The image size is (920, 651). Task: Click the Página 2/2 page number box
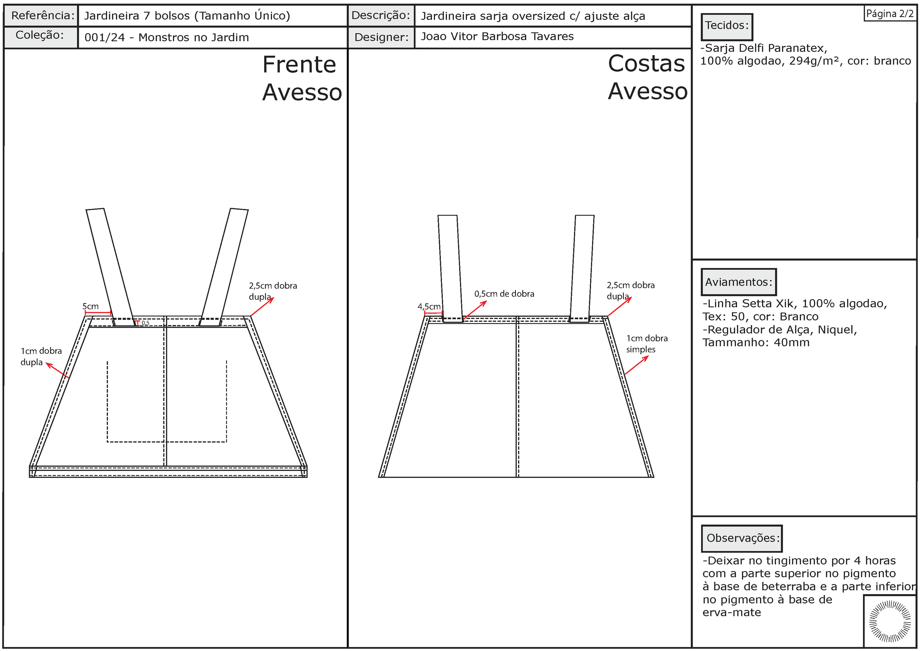889,14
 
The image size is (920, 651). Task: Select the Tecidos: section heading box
726,26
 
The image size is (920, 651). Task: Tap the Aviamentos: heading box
738,282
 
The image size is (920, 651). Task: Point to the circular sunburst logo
889,621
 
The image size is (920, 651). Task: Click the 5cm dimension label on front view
91,306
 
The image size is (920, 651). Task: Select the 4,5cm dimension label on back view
429,307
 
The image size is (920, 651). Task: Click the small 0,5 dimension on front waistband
145,323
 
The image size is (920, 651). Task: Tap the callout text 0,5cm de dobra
504,294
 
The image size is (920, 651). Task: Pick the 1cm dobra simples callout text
647,344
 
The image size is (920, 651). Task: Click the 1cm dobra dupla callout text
41,356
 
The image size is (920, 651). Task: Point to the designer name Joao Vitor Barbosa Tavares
497,36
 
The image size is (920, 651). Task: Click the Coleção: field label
40,35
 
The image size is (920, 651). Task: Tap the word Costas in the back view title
646,64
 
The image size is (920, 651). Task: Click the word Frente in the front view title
299,64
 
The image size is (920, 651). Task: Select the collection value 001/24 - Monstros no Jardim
167,38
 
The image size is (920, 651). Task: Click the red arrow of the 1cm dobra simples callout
636,365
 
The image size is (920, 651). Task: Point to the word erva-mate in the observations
731,612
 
